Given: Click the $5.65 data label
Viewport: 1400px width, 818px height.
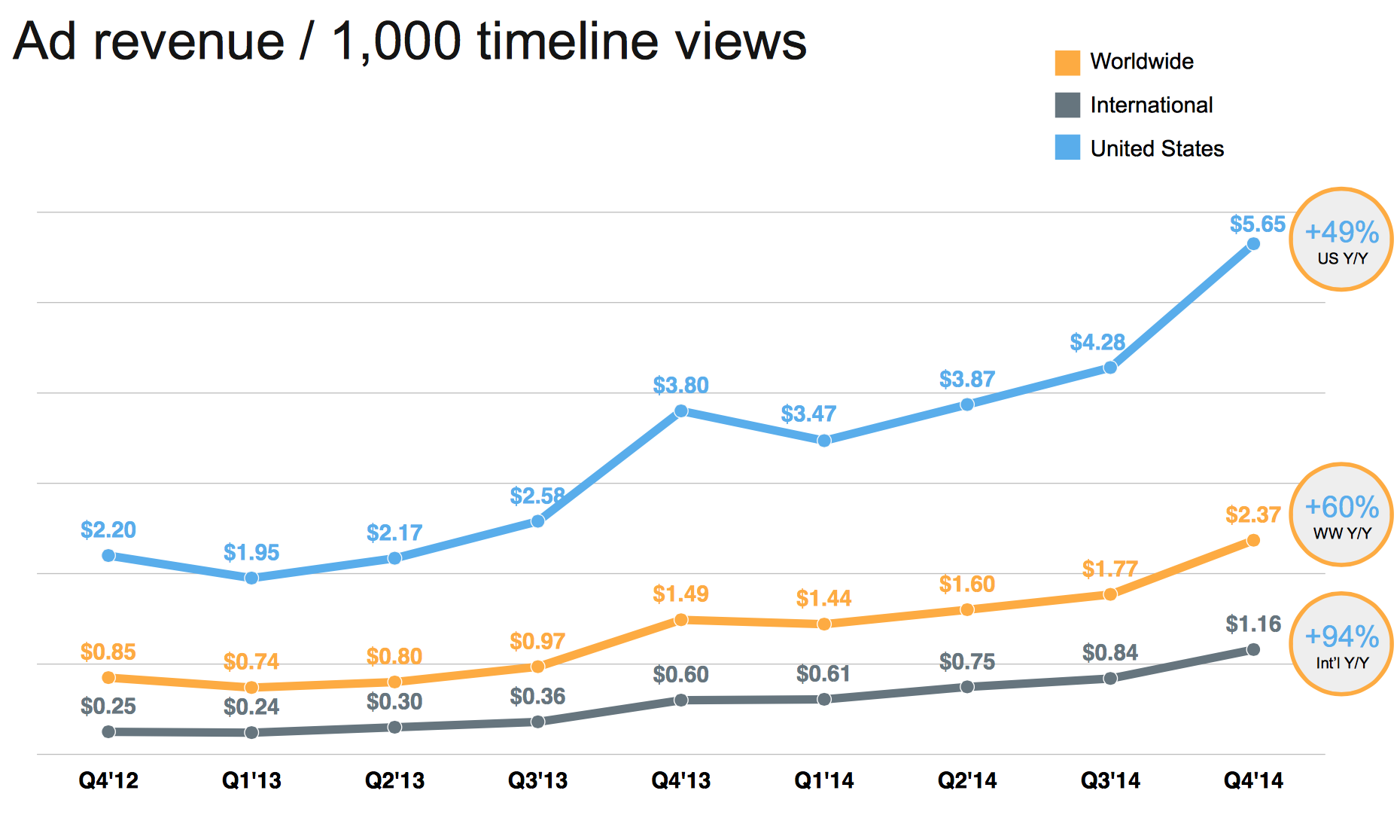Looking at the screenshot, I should click(1257, 224).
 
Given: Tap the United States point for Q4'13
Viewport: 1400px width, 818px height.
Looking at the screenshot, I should click(680, 411).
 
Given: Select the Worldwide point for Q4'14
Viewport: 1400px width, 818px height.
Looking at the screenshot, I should click(1253, 540).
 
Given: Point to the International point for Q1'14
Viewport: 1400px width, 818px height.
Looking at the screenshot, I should click(824, 699).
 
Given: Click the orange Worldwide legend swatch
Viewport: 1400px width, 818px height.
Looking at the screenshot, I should click(1067, 63).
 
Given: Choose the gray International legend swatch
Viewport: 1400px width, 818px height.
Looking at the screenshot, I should click(1067, 105).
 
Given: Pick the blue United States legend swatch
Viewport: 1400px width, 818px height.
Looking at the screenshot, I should click(1067, 148).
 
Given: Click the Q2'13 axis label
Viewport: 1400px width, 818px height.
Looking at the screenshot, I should click(394, 780).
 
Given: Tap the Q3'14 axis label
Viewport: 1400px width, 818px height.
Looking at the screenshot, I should click(1110, 780).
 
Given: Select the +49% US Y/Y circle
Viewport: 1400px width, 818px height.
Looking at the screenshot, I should click(1341, 240).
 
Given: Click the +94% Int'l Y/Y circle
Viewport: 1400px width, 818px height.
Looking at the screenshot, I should click(1341, 644).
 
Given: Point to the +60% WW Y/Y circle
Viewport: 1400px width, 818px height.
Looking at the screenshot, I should click(1341, 514).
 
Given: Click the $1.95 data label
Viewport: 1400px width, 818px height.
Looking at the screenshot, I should click(251, 553).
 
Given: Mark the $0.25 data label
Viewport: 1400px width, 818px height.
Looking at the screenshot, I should click(108, 707).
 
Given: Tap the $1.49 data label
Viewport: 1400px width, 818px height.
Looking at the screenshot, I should click(680, 594).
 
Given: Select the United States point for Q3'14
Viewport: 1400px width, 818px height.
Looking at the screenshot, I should click(1110, 368).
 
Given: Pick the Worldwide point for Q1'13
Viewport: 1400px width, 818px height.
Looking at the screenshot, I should click(251, 687).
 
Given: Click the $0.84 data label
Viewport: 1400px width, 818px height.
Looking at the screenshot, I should click(1110, 652).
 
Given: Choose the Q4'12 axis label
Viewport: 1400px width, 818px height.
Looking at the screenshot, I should click(108, 780).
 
